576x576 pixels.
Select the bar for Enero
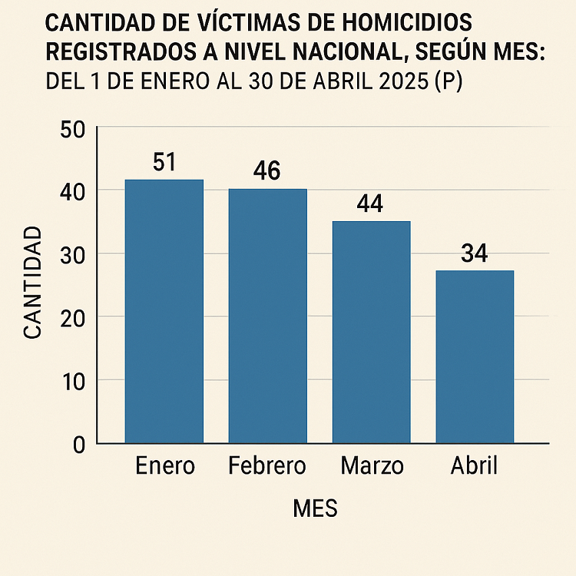[164, 311]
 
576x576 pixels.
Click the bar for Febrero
[268, 316]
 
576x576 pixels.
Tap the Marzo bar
[372, 332]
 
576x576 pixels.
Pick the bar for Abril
[475, 356]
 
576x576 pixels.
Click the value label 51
[164, 163]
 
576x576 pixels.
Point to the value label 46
[266, 171]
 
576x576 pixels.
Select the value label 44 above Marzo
[370, 204]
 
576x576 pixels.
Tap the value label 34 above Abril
[475, 253]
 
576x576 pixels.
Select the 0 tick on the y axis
[78, 444]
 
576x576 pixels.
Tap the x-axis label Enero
[164, 465]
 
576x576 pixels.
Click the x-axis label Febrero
[267, 465]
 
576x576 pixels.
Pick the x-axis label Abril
[474, 465]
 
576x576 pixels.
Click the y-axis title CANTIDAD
[32, 282]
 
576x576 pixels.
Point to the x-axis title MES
[315, 508]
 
